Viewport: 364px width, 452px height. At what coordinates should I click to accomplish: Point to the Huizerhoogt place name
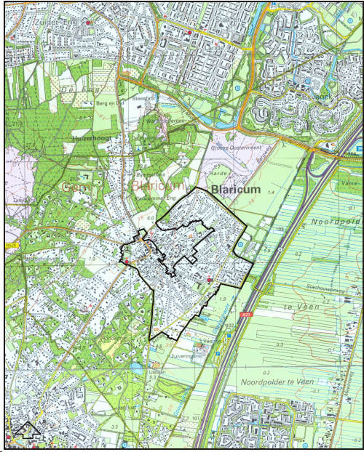pos(90,137)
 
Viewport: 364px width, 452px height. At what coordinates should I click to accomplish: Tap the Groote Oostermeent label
pos(237,148)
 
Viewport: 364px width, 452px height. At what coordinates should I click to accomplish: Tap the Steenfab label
pos(143,98)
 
